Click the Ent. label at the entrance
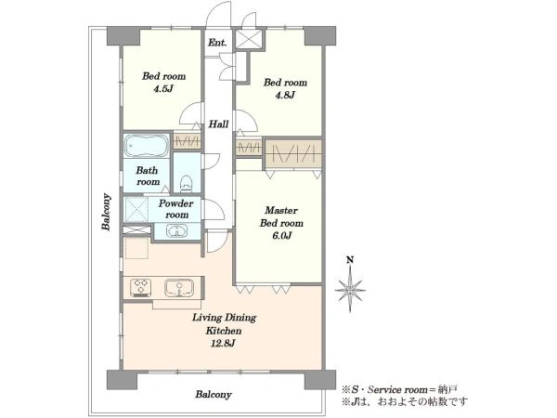(217, 43)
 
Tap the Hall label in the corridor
(218, 124)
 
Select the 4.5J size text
(163, 88)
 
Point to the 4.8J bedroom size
(285, 95)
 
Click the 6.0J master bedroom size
(281, 235)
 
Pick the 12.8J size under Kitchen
(224, 343)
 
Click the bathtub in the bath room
(147, 146)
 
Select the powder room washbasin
(176, 231)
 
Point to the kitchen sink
(179, 288)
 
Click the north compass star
(350, 288)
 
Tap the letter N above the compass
(350, 260)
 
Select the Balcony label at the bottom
(214, 394)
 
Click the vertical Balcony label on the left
(106, 212)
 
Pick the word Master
(281, 210)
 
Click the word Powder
(175, 203)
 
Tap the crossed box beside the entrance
(249, 39)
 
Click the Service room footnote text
(399, 389)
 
